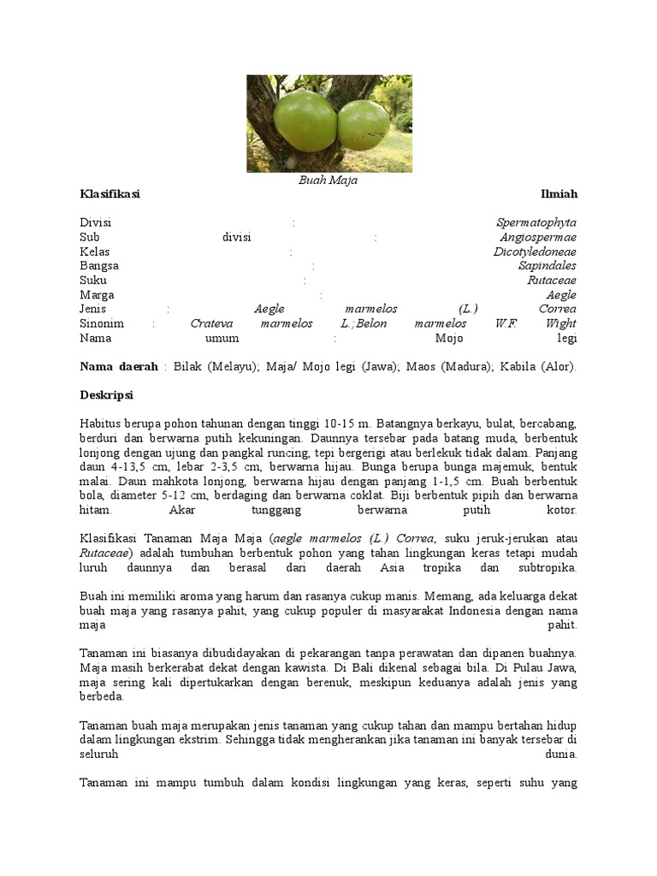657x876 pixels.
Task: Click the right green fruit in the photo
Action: pyautogui.click(x=364, y=125)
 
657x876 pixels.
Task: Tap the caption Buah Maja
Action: pyautogui.click(x=328, y=181)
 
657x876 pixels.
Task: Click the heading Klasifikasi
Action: pyautogui.click(x=109, y=194)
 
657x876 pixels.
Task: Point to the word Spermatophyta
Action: pyautogui.click(x=536, y=222)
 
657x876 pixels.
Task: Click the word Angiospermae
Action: pyautogui.click(x=538, y=237)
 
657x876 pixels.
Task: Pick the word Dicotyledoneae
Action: pyautogui.click(x=535, y=252)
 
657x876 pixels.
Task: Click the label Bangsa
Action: pyautogui.click(x=99, y=266)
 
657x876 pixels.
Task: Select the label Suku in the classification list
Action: pyautogui.click(x=93, y=281)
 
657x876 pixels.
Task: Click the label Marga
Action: pyautogui.click(x=97, y=295)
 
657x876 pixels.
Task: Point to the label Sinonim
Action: pyautogui.click(x=102, y=323)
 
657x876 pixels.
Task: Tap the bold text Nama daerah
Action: pyautogui.click(x=119, y=366)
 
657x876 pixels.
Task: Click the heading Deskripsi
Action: pyautogui.click(x=106, y=395)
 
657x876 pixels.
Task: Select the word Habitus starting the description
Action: pyautogui.click(x=101, y=423)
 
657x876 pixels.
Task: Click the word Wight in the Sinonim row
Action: pyautogui.click(x=561, y=323)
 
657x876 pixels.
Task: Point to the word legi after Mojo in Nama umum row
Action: pyautogui.click(x=567, y=338)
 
